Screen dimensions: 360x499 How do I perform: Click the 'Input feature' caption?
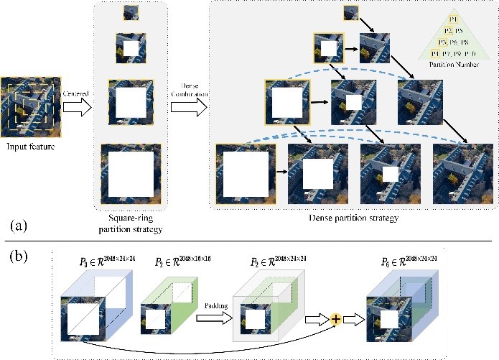32,147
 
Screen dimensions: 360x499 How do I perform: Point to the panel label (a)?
19,225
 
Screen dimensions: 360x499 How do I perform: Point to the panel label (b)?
19,254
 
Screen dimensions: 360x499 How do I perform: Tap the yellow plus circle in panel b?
335,317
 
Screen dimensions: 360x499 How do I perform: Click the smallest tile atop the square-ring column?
131,12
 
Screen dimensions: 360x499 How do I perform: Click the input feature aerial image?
31,107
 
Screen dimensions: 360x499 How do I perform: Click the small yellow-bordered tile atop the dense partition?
351,12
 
